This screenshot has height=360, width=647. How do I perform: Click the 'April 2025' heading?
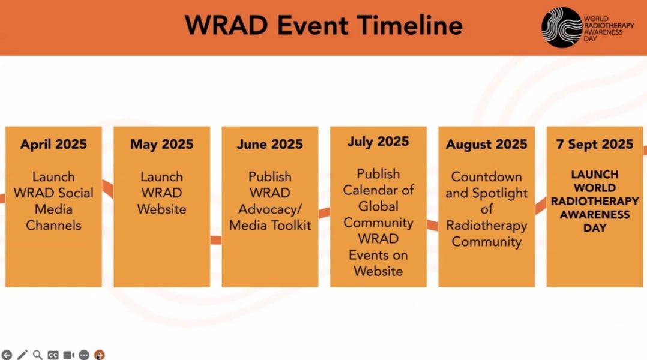tap(53, 145)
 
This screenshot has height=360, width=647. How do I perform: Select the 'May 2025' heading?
tap(162, 145)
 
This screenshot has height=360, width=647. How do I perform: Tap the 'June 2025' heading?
tap(270, 145)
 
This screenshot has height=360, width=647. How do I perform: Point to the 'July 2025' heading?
tap(378, 142)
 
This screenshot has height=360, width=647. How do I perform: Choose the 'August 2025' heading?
tap(487, 145)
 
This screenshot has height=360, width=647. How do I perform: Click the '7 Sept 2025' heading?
tap(595, 145)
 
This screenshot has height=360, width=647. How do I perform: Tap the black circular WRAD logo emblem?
tap(562, 27)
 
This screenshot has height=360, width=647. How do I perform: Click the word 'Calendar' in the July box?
tap(370, 190)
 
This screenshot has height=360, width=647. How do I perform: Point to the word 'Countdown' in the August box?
tap(487, 177)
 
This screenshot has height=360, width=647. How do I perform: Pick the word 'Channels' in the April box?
tap(53, 225)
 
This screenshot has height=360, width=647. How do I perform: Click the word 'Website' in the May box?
tap(162, 209)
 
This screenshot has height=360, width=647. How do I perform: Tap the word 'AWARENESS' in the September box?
tap(595, 214)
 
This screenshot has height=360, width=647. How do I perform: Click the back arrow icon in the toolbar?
tap(7, 355)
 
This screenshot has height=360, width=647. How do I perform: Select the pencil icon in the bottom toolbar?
tap(22, 355)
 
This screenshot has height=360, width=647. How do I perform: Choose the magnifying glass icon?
tap(38, 355)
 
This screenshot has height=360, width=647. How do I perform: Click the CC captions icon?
tap(53, 355)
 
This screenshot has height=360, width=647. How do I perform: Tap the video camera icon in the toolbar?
tap(68, 355)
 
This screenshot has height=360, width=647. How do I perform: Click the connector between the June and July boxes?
tap(324, 213)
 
